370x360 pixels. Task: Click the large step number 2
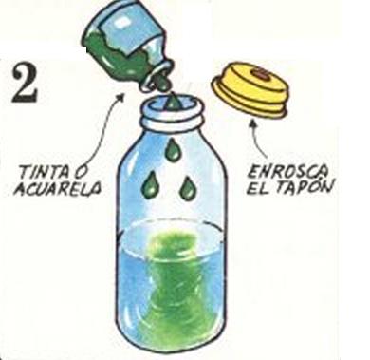pyautogui.click(x=25, y=85)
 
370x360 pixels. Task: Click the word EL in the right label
pyautogui.click(x=257, y=189)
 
